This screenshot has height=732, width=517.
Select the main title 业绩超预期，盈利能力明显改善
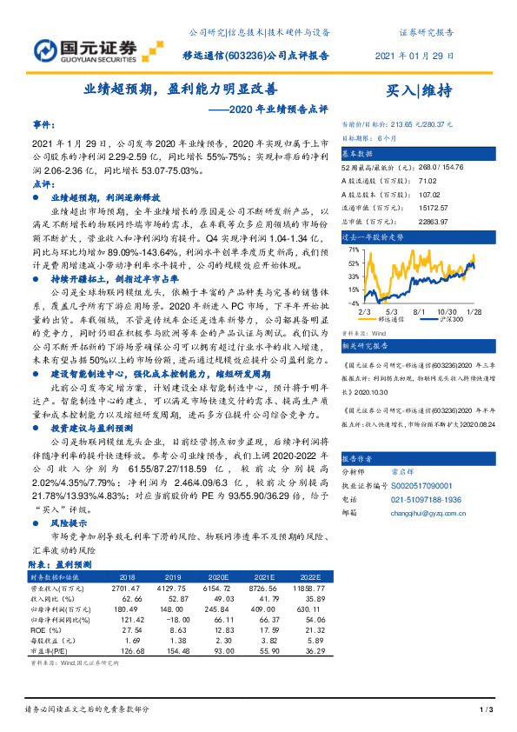tap(181, 90)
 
